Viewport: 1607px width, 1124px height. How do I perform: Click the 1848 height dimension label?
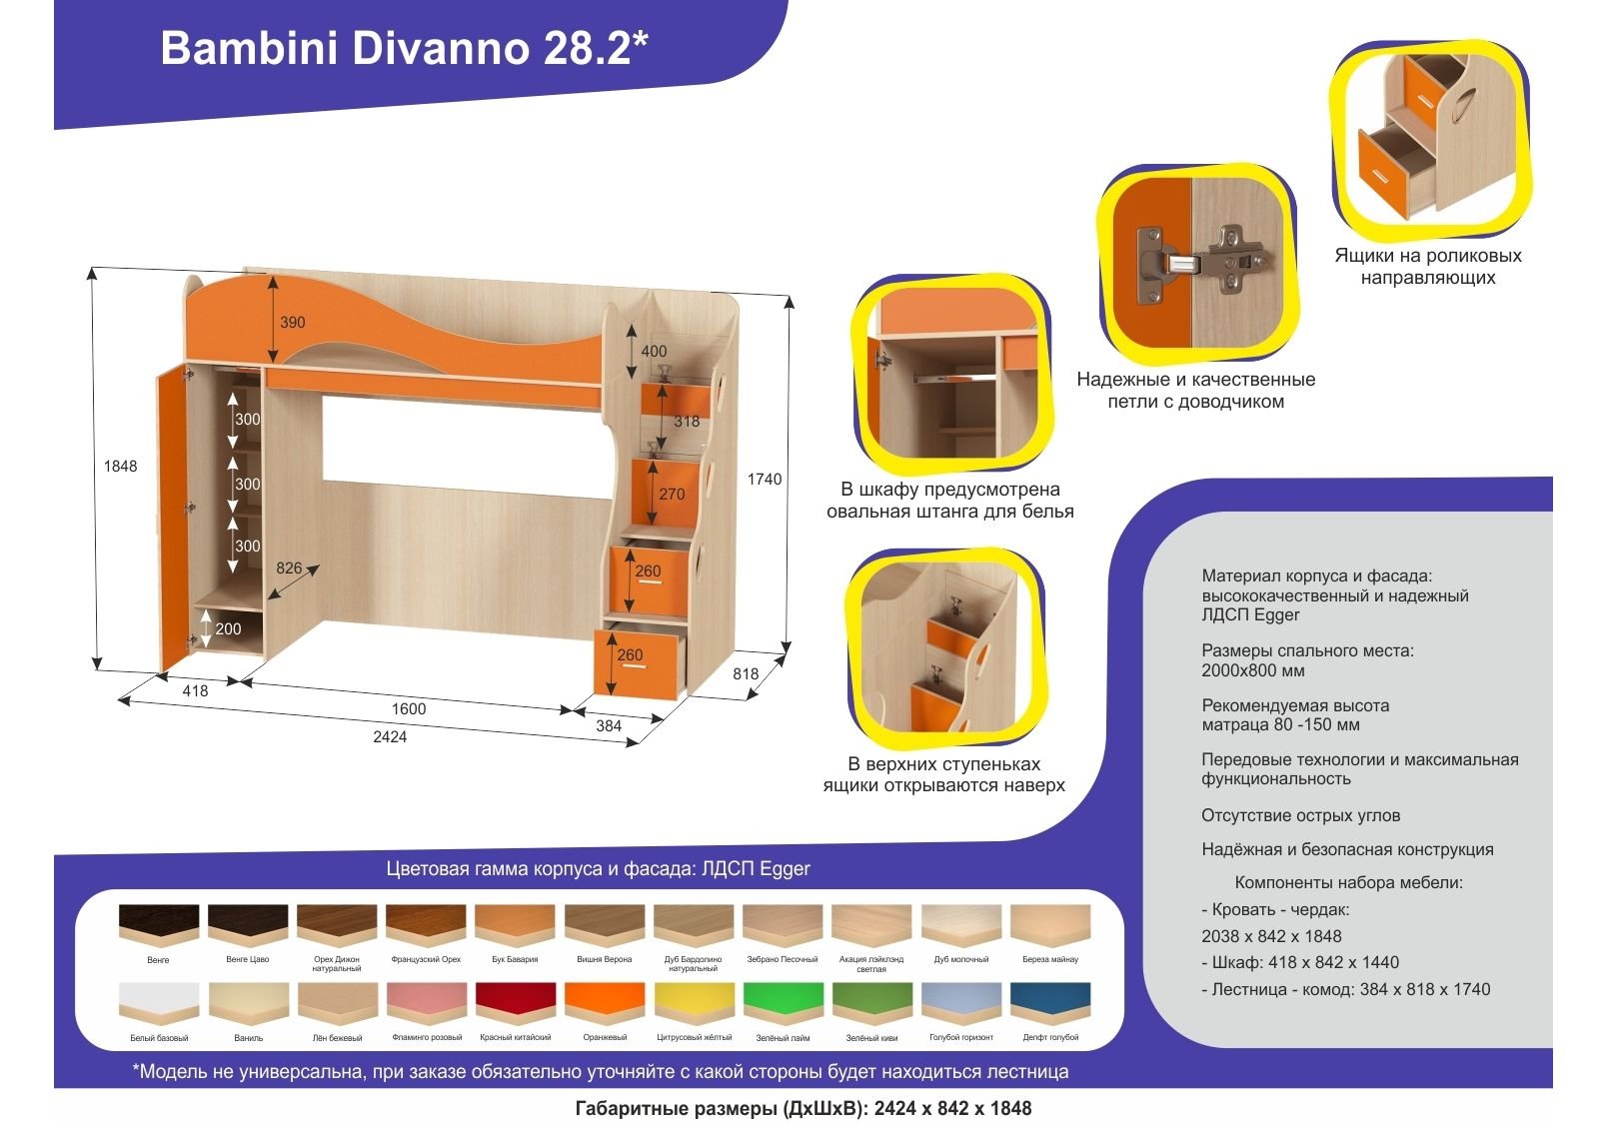pyautogui.click(x=120, y=467)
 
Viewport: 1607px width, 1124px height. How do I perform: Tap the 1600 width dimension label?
pyautogui.click(x=408, y=708)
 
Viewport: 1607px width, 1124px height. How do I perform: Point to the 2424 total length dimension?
pyautogui.click(x=390, y=736)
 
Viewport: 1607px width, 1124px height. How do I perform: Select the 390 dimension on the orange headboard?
pyautogui.click(x=292, y=322)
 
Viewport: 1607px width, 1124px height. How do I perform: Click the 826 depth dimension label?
pyautogui.click(x=289, y=568)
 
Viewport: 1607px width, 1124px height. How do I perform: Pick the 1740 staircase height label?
pyautogui.click(x=765, y=480)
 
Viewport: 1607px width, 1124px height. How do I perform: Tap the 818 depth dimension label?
pyautogui.click(x=746, y=673)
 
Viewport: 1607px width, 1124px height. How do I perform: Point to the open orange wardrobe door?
pyautogui.click(x=174, y=518)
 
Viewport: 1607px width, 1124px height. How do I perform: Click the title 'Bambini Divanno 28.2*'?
pyautogui.click(x=404, y=48)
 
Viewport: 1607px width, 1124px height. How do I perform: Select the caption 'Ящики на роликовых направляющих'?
pyautogui.click(x=1428, y=266)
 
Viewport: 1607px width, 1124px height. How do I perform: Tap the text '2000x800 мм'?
pyautogui.click(x=1252, y=670)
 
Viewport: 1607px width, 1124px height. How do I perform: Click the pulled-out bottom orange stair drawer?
pyautogui.click(x=637, y=663)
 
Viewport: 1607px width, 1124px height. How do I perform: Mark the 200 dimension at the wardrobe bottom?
pyautogui.click(x=228, y=629)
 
